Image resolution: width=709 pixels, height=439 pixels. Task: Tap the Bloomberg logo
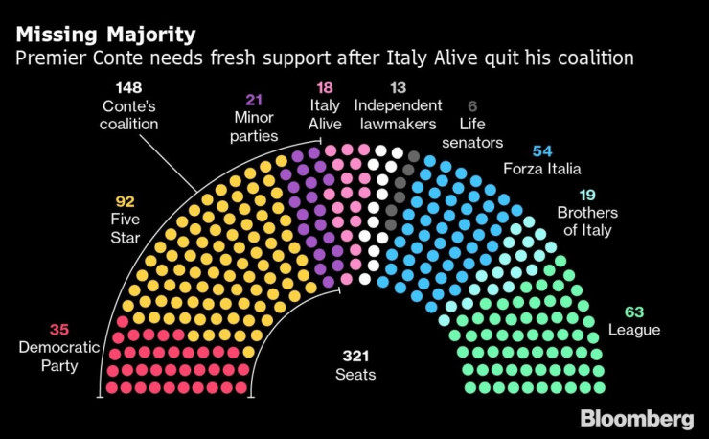[x=636, y=419]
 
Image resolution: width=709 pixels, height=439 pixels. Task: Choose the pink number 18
[x=325, y=87]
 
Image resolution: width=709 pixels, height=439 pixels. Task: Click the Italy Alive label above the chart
[x=325, y=114]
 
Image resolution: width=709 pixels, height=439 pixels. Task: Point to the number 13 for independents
[x=398, y=87]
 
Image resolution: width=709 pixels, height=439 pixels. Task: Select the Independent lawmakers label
[x=398, y=114]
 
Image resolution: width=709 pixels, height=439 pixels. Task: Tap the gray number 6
[x=471, y=106]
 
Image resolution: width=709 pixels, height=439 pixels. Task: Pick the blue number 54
[x=542, y=151]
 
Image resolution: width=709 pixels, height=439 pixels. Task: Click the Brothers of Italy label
[x=586, y=221]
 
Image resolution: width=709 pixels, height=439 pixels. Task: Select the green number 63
[x=634, y=312]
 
